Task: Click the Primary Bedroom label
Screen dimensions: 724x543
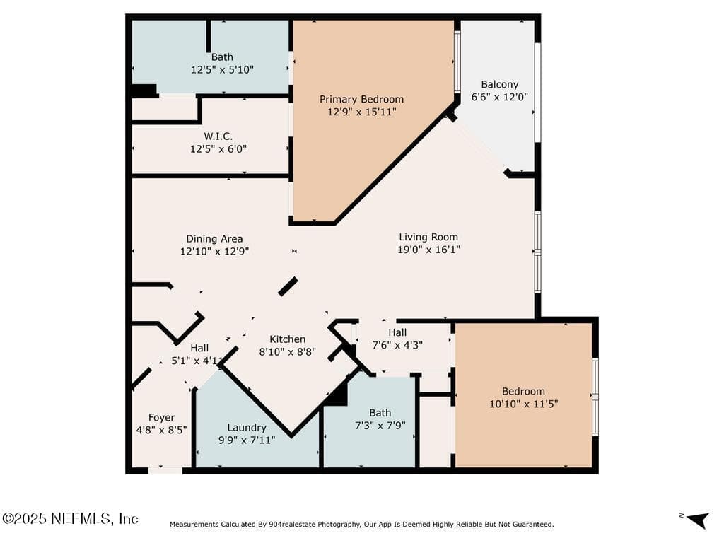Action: coord(361,99)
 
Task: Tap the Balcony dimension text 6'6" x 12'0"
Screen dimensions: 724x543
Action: coord(500,97)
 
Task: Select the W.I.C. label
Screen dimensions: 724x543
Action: coord(218,136)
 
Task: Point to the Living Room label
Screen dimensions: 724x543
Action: coord(428,237)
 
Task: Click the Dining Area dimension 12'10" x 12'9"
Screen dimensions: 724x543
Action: coord(214,251)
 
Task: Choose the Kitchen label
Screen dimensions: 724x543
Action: coord(287,339)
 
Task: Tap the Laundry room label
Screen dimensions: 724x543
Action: coord(247,428)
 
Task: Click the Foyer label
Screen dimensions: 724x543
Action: coord(162,417)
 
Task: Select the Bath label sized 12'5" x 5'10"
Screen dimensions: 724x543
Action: coord(222,57)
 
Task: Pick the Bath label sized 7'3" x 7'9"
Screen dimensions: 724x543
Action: coord(380,413)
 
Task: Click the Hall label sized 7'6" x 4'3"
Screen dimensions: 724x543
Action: coord(397,332)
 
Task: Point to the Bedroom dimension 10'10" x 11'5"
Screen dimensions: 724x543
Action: coord(524,404)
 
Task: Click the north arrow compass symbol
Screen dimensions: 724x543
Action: coord(697,520)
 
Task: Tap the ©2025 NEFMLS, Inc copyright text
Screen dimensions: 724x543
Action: coord(70,518)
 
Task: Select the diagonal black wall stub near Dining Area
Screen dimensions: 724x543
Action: coord(288,286)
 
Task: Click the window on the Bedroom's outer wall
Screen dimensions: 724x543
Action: coord(595,397)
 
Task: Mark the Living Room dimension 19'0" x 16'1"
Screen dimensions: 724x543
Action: coord(429,250)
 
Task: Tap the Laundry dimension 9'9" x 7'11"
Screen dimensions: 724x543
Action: coord(247,440)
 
